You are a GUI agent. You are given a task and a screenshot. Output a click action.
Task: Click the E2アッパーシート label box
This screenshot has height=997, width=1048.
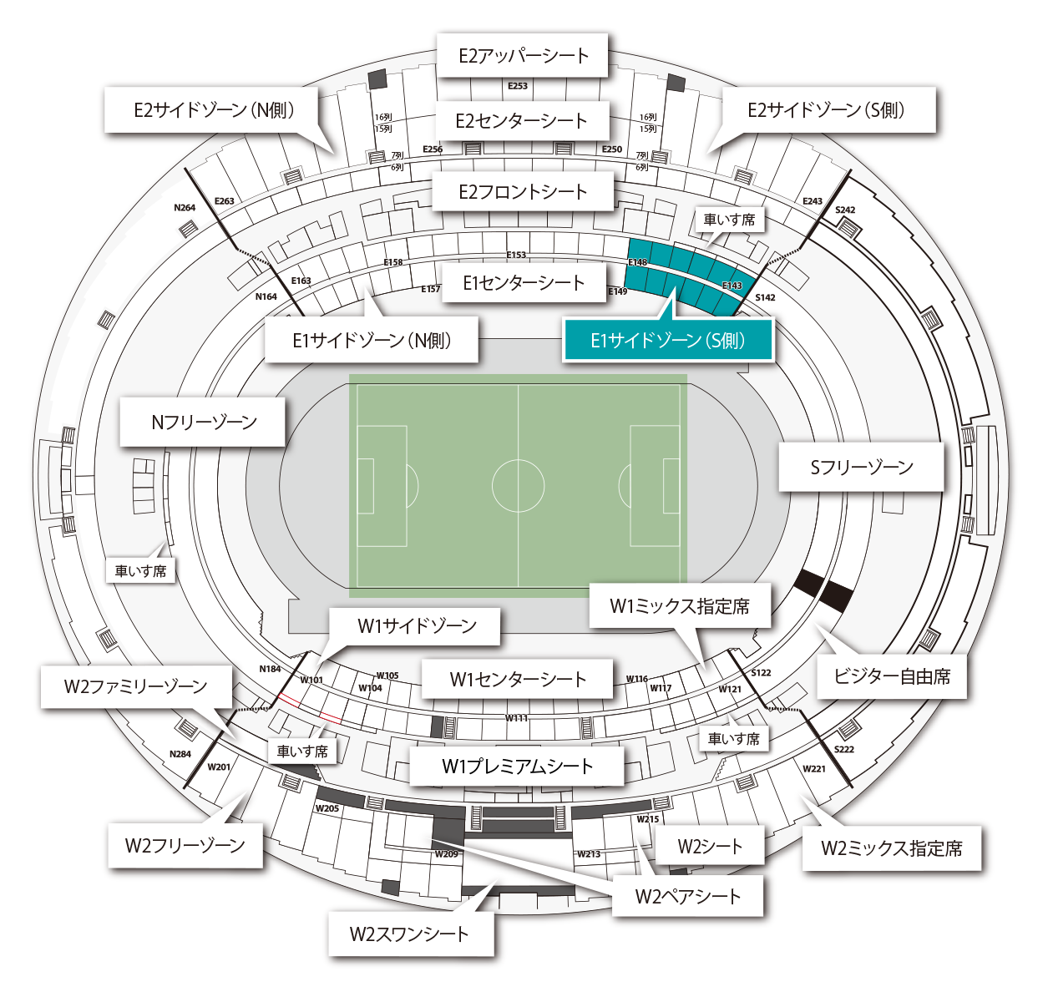pyautogui.click(x=523, y=56)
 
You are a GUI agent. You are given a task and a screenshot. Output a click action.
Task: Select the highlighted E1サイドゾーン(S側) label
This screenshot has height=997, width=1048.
pyautogui.click(x=668, y=340)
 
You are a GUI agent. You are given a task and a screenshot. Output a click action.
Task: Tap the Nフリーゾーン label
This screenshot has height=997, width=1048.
pyautogui.click(x=204, y=422)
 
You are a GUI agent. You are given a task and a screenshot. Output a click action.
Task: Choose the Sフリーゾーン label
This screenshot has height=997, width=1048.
pyautogui.click(x=861, y=467)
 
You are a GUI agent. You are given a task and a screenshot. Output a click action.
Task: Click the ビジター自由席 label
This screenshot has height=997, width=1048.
pyautogui.click(x=891, y=676)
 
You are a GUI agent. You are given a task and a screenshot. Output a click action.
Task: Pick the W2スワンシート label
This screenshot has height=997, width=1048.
pyautogui.click(x=409, y=934)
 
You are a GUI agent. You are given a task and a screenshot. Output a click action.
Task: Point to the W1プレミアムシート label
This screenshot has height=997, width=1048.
pyautogui.click(x=517, y=766)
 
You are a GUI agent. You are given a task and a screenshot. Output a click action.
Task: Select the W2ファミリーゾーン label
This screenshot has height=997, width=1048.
pyautogui.click(x=135, y=686)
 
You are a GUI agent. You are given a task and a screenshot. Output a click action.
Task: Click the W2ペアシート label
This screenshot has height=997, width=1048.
pyautogui.click(x=687, y=896)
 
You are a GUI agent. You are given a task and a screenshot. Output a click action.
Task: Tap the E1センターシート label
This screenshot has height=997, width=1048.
pyautogui.click(x=524, y=282)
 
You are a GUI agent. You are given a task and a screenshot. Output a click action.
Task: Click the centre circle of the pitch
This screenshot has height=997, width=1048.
pyautogui.click(x=518, y=485)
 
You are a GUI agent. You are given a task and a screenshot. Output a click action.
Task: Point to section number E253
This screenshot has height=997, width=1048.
pyautogui.click(x=518, y=86)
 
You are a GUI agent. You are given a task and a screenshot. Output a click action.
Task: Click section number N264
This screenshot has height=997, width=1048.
pyautogui.click(x=185, y=208)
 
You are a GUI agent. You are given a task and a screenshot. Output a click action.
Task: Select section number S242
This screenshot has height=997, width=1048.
pyautogui.click(x=845, y=210)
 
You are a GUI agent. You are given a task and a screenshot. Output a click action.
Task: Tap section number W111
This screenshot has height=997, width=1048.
pyautogui.click(x=516, y=718)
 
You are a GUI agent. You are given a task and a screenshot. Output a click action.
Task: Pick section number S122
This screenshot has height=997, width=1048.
pyautogui.click(x=761, y=673)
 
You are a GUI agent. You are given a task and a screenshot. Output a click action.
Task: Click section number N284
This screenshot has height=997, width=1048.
pyautogui.click(x=180, y=754)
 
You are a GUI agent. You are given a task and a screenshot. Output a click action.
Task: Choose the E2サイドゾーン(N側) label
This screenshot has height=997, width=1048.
pyautogui.click(x=214, y=109)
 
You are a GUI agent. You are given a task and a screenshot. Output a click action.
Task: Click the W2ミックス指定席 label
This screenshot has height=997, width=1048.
pyautogui.click(x=891, y=848)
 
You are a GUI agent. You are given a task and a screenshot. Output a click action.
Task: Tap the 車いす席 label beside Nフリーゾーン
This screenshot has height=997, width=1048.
pyautogui.click(x=140, y=571)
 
